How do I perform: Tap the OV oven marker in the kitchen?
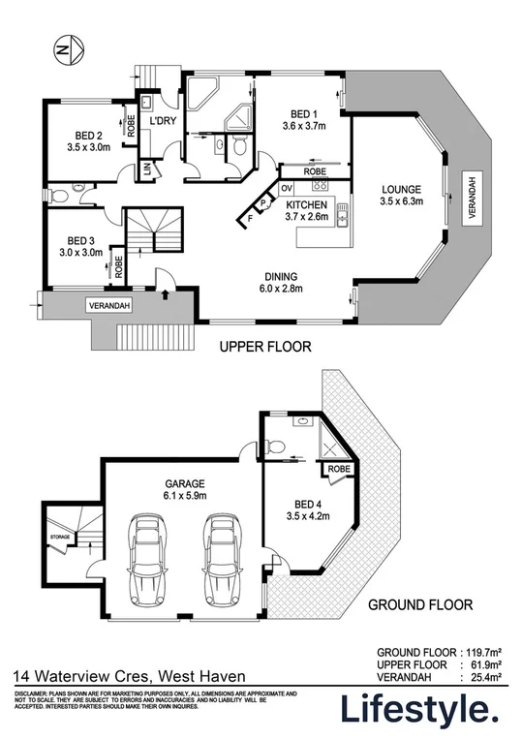point(287,186)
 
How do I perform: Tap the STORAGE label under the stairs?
point(60,535)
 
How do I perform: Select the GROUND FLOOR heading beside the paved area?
point(419,605)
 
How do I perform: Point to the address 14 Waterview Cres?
point(78,676)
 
